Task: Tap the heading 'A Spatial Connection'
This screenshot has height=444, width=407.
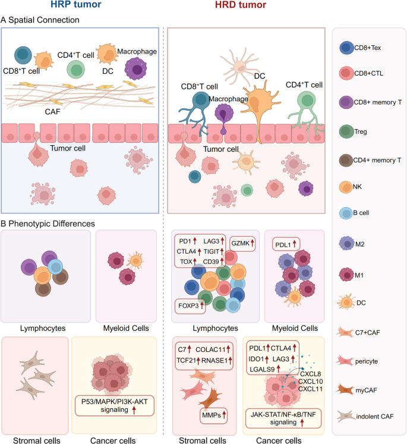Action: coord(40,20)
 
